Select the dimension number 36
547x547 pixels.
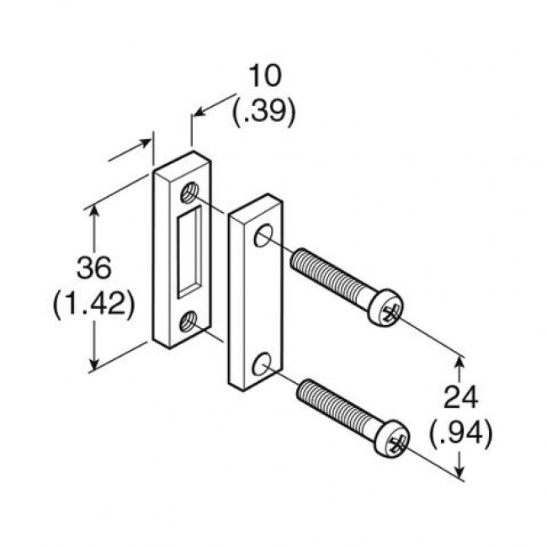point(93,268)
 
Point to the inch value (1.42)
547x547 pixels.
point(93,304)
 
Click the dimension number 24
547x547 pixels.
point(460,398)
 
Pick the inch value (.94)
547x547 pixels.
point(460,433)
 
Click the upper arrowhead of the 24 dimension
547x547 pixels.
point(459,361)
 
